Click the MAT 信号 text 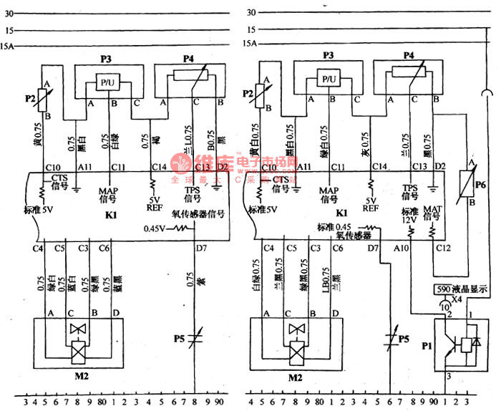tap(434, 213)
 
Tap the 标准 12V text tap(409, 215)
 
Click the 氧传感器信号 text tap(198, 214)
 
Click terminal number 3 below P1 tap(447, 375)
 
